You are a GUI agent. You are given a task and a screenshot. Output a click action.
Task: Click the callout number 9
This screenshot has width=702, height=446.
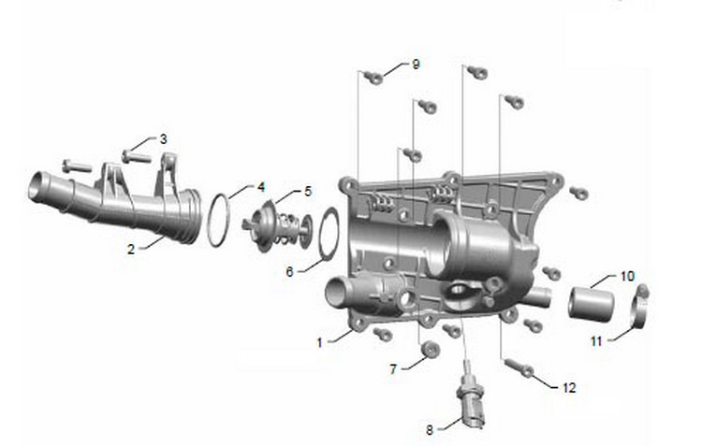416,65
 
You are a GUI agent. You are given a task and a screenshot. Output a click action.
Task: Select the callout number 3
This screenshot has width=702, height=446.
164,139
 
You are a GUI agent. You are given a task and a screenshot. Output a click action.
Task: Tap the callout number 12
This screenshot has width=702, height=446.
569,387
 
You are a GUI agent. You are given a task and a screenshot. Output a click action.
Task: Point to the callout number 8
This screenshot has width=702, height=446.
430,430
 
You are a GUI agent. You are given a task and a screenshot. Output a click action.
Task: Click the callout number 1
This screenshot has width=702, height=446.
320,343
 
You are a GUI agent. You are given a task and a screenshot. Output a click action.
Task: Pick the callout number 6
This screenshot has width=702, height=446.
289,271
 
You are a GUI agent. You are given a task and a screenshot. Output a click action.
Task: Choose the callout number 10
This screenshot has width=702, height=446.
627,276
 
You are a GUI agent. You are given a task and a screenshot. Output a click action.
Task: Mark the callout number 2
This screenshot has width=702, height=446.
131,249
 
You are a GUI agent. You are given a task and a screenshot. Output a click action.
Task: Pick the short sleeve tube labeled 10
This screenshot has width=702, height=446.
591,304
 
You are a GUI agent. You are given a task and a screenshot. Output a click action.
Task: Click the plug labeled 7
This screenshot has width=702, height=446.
431,348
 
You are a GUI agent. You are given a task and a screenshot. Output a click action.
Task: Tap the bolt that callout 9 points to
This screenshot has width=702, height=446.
373,77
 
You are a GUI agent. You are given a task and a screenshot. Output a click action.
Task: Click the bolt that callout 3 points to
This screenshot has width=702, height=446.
136,156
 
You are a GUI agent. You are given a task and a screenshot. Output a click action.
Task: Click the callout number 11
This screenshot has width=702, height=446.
596,341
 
